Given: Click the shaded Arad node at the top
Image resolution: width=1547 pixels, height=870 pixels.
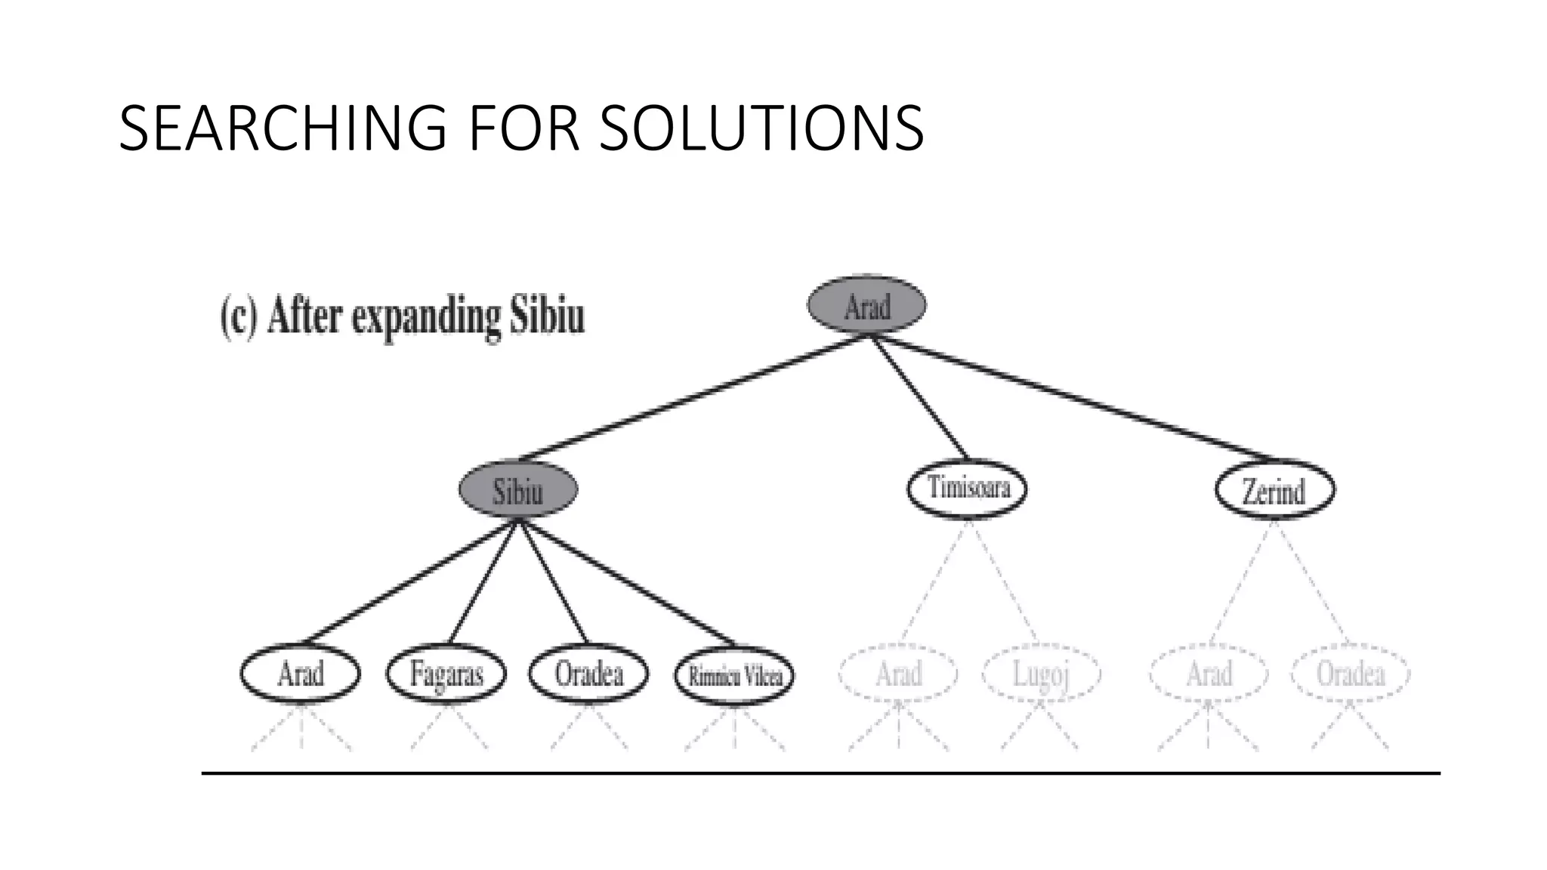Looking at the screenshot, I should pyautogui.click(x=866, y=305).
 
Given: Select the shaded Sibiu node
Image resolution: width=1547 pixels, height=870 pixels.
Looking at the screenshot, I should pyautogui.click(x=518, y=489).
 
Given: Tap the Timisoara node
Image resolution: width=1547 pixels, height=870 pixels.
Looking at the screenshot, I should pyautogui.click(x=968, y=488).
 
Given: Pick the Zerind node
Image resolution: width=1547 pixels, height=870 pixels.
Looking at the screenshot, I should pyautogui.click(x=1274, y=489).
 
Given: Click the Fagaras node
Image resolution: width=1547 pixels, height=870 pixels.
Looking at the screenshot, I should pyautogui.click(x=446, y=673).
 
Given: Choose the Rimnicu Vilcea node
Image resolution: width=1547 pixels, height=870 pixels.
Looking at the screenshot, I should pyautogui.click(x=734, y=674).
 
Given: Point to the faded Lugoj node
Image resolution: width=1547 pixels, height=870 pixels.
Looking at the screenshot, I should pyautogui.click(x=1042, y=674).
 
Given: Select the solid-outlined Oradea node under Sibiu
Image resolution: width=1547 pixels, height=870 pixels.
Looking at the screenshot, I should pyautogui.click(x=588, y=673).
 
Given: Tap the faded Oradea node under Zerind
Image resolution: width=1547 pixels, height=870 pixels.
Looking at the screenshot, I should pyautogui.click(x=1351, y=674).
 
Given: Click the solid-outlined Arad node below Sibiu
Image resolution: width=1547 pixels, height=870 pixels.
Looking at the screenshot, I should pyautogui.click(x=301, y=673).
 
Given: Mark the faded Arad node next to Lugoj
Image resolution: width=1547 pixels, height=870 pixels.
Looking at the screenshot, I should pyautogui.click(x=898, y=674).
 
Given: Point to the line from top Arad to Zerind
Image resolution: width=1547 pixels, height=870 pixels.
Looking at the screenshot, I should pyautogui.click(x=1073, y=398).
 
